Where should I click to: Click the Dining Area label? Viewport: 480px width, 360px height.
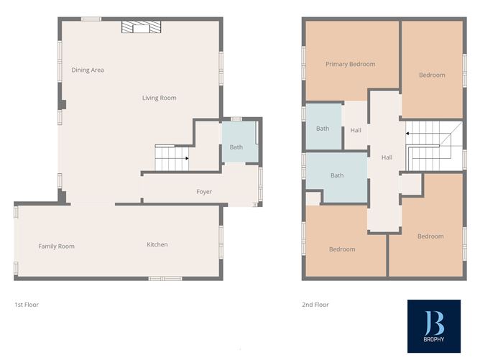pyautogui.click(x=88, y=70)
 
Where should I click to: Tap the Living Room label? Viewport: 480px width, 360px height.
pyautogui.click(x=159, y=98)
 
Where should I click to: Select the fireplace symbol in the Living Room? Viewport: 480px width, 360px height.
pyautogui.click(x=141, y=27)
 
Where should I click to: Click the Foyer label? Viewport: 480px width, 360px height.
pyautogui.click(x=204, y=192)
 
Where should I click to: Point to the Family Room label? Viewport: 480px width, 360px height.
pyautogui.click(x=56, y=246)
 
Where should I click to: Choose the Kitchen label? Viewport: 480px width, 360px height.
pyautogui.click(x=157, y=245)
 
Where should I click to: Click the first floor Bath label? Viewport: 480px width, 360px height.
pyautogui.click(x=236, y=147)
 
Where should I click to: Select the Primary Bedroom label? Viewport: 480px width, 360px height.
pyautogui.click(x=350, y=64)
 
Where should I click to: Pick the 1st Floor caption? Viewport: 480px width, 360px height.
pyautogui.click(x=27, y=305)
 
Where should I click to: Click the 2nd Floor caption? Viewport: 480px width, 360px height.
pyautogui.click(x=315, y=305)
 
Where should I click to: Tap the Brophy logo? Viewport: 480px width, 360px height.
pyautogui.click(x=433, y=326)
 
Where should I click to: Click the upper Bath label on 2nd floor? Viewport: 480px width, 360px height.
pyautogui.click(x=322, y=129)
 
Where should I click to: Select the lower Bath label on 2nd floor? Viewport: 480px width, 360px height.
pyautogui.click(x=336, y=175)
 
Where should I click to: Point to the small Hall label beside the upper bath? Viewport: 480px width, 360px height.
pyautogui.click(x=356, y=131)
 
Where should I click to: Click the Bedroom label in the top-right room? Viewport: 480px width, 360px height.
pyautogui.click(x=432, y=75)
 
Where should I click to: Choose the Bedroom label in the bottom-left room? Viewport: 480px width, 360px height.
pyautogui.click(x=342, y=249)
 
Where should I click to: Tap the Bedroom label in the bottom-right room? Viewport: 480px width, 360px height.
pyautogui.click(x=430, y=236)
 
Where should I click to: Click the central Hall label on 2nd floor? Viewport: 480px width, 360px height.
pyautogui.click(x=387, y=157)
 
